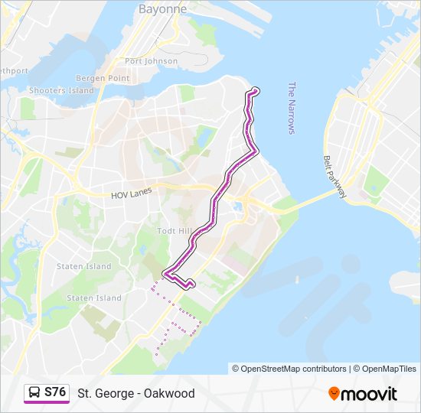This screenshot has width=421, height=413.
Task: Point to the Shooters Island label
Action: click(x=61, y=90)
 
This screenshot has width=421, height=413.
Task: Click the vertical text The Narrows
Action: click(x=292, y=108)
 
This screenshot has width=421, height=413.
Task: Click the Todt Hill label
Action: click(x=173, y=231)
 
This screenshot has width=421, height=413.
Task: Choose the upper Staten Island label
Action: click(x=83, y=266)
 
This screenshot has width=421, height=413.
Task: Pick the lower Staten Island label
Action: click(x=93, y=298)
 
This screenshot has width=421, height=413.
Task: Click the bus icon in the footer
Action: click(x=34, y=393)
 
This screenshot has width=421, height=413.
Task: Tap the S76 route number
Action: click(x=55, y=392)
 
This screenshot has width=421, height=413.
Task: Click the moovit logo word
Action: click(x=370, y=394)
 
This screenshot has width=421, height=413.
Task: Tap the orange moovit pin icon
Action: click(x=335, y=393)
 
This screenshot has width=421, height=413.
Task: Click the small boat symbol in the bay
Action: click(x=297, y=279)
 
